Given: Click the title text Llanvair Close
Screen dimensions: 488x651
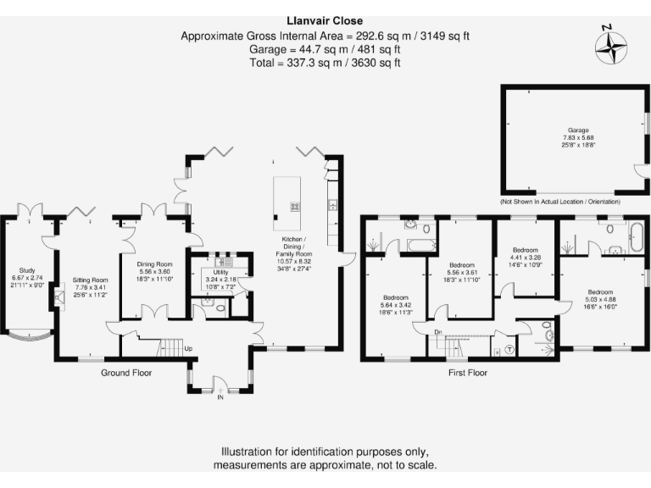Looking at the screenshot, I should pyautogui.click(x=325, y=21).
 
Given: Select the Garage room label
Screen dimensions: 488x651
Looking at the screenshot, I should pyautogui.click(x=578, y=141).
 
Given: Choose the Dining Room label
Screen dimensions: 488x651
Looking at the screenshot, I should pyautogui.click(x=154, y=275).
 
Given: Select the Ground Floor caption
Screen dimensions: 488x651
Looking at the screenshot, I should pyautogui.click(x=126, y=373).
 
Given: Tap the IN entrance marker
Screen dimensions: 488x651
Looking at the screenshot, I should pyautogui.click(x=220, y=396).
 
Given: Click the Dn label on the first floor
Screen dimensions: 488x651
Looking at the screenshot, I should pyautogui.click(x=438, y=331).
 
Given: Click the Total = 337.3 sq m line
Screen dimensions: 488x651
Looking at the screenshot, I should pyautogui.click(x=325, y=62).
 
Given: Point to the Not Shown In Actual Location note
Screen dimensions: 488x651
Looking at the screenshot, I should pyautogui.click(x=559, y=202).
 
